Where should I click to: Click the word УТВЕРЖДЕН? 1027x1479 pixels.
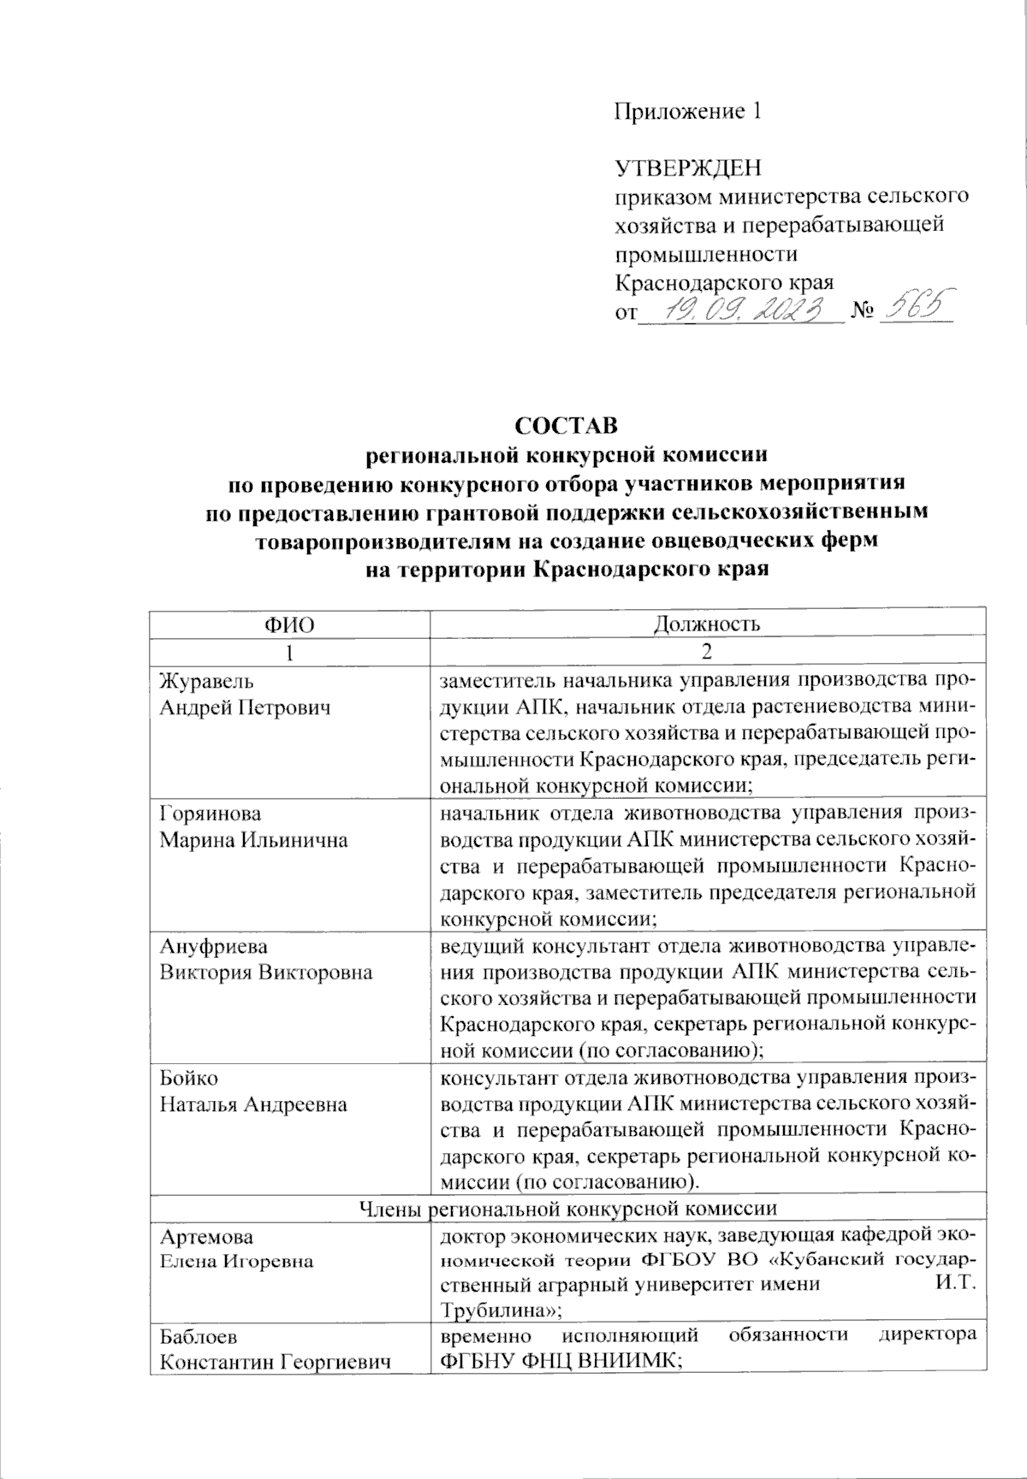coord(688,168)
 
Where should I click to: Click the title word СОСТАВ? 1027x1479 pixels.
coord(566,425)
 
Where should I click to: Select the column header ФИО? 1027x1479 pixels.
coord(288,624)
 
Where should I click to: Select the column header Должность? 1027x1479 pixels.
coord(707,624)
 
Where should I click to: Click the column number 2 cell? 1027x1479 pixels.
coord(707,651)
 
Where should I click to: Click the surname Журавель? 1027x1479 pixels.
coord(206,682)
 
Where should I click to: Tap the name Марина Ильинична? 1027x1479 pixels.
coord(253,839)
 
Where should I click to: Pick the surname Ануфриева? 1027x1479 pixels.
coord(213,947)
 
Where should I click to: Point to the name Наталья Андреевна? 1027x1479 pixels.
coord(253,1104)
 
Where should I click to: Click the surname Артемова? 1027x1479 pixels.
coord(206,1237)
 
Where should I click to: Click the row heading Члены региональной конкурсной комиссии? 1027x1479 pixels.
coord(566,1209)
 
